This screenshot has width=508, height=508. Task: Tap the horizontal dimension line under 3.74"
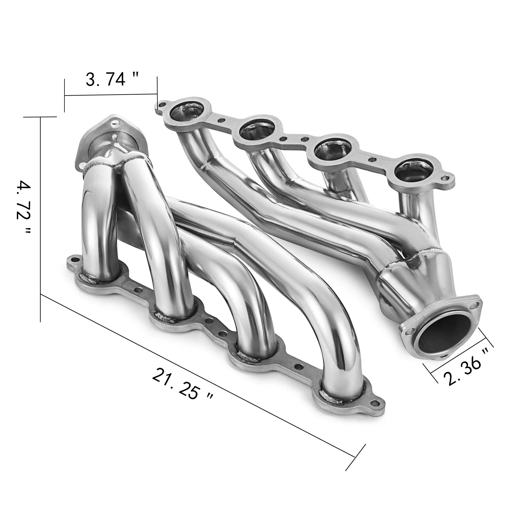[x=111, y=94]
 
